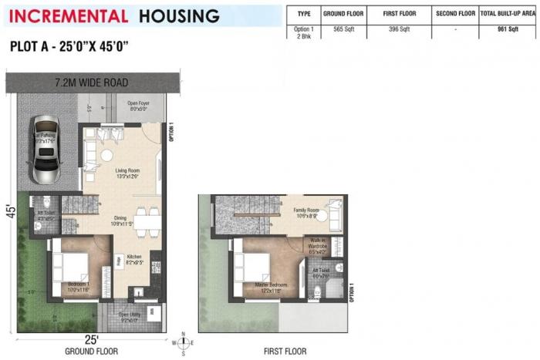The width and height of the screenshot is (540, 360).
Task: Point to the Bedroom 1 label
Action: click(x=79, y=286)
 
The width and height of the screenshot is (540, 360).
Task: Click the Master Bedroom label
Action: click(x=262, y=288)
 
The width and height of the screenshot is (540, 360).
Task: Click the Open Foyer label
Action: click(x=139, y=106)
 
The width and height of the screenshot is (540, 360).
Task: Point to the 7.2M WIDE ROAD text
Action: click(x=91, y=82)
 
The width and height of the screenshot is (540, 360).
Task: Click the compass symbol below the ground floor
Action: click(x=183, y=343)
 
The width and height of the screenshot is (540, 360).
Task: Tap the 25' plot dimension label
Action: click(x=91, y=340)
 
